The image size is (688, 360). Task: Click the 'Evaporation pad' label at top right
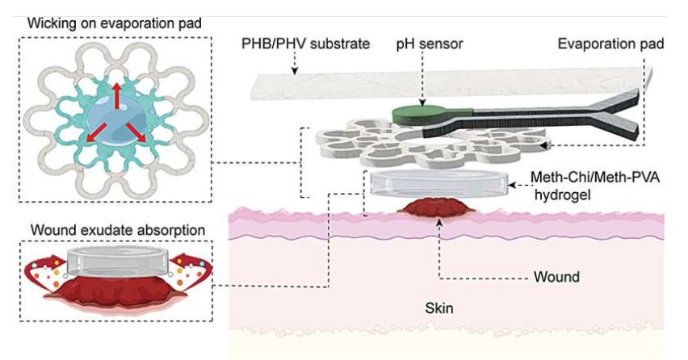pos(611,44)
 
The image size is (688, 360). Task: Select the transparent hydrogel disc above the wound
pos(439,183)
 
